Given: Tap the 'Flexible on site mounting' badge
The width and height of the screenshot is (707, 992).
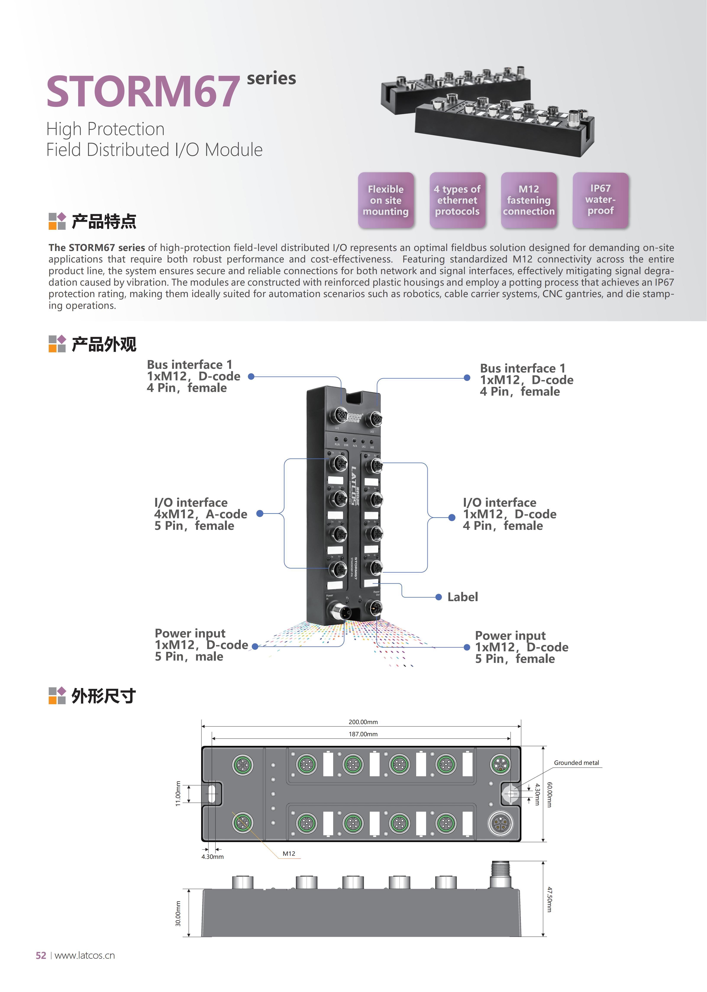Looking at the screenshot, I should [x=386, y=200].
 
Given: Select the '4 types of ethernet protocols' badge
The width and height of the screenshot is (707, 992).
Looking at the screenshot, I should [x=457, y=200].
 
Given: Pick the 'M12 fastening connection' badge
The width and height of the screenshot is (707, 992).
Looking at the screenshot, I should [x=528, y=200].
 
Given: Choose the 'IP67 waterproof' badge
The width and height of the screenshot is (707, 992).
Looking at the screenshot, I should [x=600, y=200].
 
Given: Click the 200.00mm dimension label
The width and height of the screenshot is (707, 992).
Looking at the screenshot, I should [x=363, y=722].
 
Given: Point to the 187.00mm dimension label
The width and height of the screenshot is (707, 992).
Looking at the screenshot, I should [x=363, y=734].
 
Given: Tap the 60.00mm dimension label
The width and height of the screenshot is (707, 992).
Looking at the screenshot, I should [x=549, y=795].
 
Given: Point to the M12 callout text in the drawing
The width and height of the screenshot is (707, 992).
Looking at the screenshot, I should [x=289, y=854].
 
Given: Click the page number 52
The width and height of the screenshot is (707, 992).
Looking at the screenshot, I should [x=41, y=955].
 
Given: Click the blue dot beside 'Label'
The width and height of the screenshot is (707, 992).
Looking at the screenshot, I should [x=439, y=597].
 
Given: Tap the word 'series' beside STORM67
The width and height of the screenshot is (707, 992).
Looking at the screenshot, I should [x=271, y=78].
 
